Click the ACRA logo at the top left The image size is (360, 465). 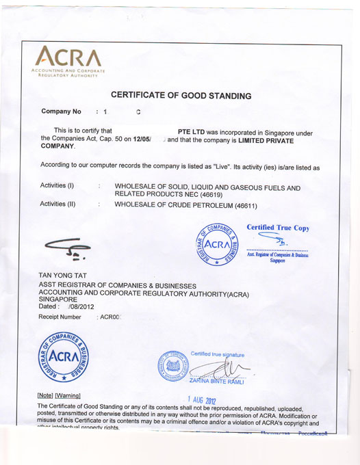(x=68, y=61)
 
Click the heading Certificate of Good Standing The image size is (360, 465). (x=181, y=96)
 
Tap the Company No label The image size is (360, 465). (x=62, y=111)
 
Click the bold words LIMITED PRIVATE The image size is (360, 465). (x=256, y=139)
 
